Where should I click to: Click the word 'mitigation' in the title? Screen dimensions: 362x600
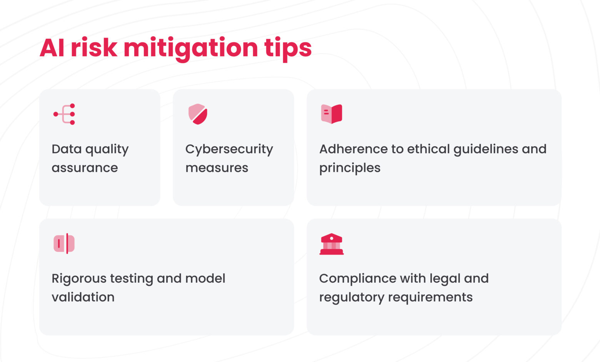[191, 48]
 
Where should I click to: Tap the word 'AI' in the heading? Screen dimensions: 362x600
[52, 48]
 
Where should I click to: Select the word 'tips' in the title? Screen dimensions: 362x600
[288, 48]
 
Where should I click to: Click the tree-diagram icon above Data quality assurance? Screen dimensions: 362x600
[65, 114]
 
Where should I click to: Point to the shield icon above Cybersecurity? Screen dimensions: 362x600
[198, 114]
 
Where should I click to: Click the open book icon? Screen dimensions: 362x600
[332, 114]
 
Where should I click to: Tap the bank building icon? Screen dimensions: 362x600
[332, 244]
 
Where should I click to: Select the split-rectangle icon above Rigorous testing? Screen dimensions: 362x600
[64, 243]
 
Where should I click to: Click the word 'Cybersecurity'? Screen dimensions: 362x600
[229, 149]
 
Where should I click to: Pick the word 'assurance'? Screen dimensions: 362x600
[85, 168]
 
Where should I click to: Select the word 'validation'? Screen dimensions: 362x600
[83, 297]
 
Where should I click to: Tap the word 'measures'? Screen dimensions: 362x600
[217, 168]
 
